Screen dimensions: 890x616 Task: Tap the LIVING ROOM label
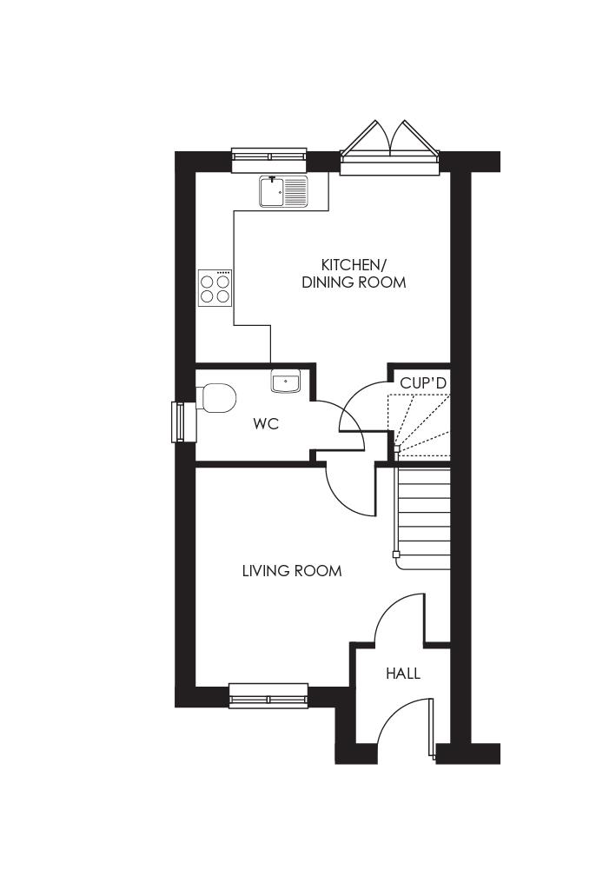tap(292, 571)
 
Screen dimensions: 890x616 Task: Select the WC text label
tap(266, 424)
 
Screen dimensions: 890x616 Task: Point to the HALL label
tap(403, 674)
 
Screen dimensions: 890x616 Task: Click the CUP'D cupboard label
tap(423, 382)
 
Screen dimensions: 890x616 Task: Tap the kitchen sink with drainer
tap(283, 191)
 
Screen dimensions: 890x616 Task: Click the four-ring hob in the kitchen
tap(215, 287)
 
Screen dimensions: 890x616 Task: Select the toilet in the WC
tap(217, 399)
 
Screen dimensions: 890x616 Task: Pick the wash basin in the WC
tap(285, 381)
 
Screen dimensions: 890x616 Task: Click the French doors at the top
tap(388, 148)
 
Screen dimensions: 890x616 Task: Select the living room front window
tap(268, 695)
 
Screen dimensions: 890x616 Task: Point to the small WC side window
tap(181, 422)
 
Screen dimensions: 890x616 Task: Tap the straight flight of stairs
tap(424, 517)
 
